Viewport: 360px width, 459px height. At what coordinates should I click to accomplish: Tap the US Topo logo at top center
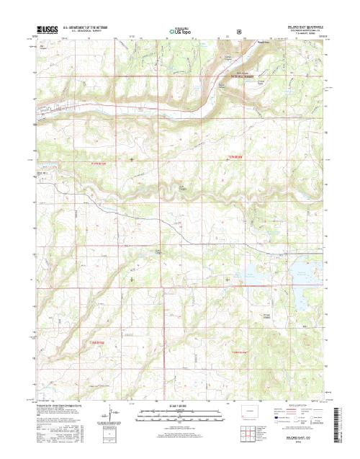[181, 31]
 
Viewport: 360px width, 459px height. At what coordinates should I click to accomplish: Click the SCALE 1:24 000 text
[180, 407]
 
